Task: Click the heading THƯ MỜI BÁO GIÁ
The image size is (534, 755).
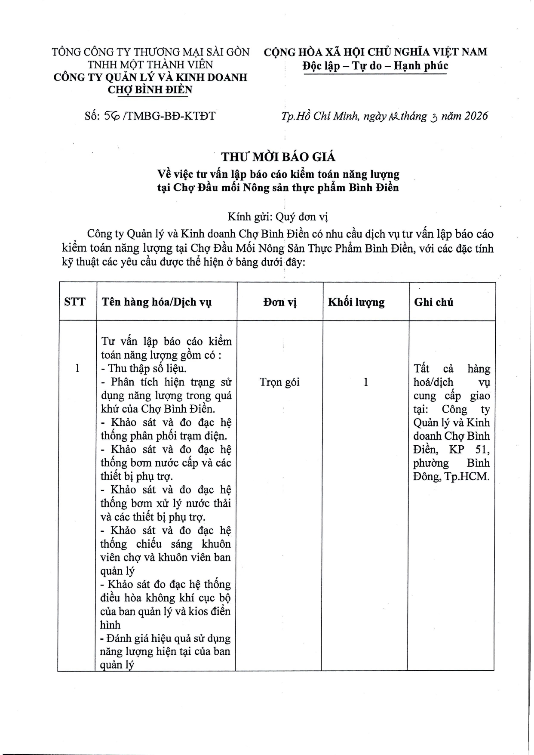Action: pos(278,157)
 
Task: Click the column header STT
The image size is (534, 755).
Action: pos(75,302)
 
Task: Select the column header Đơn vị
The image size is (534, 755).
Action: pos(280,302)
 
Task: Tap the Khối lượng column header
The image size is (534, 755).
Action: pos(356,302)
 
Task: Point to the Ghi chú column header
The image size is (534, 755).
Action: pos(433,302)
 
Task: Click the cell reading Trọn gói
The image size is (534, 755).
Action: pos(279,382)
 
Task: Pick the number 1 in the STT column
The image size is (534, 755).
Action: pos(77,369)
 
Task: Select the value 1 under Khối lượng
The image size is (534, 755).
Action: pos(366,382)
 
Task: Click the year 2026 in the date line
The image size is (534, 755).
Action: pos(476,116)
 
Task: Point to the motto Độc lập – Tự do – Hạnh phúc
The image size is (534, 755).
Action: pos(375,66)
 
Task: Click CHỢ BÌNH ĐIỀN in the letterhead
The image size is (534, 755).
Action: pos(150,89)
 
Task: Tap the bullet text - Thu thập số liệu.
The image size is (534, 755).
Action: pos(144,369)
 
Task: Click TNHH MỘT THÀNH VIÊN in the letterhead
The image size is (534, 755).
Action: pos(150,65)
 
